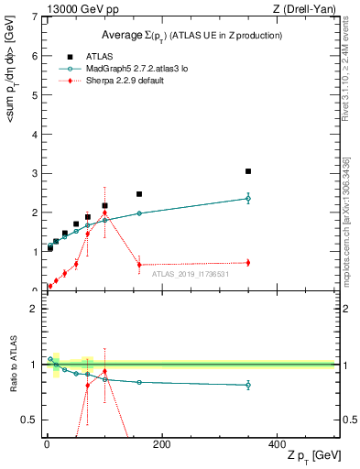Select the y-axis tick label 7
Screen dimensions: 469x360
pos(34,16)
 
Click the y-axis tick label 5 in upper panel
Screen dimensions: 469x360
pos(34,95)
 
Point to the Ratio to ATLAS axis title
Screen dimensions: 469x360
pos(11,365)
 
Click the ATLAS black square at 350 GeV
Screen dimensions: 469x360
pos(248,171)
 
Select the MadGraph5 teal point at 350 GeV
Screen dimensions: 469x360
pos(248,198)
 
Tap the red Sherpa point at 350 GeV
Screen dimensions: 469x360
pos(248,263)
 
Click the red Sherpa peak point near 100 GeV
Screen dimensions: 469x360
pos(104,213)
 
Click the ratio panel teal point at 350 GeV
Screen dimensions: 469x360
pos(248,386)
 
